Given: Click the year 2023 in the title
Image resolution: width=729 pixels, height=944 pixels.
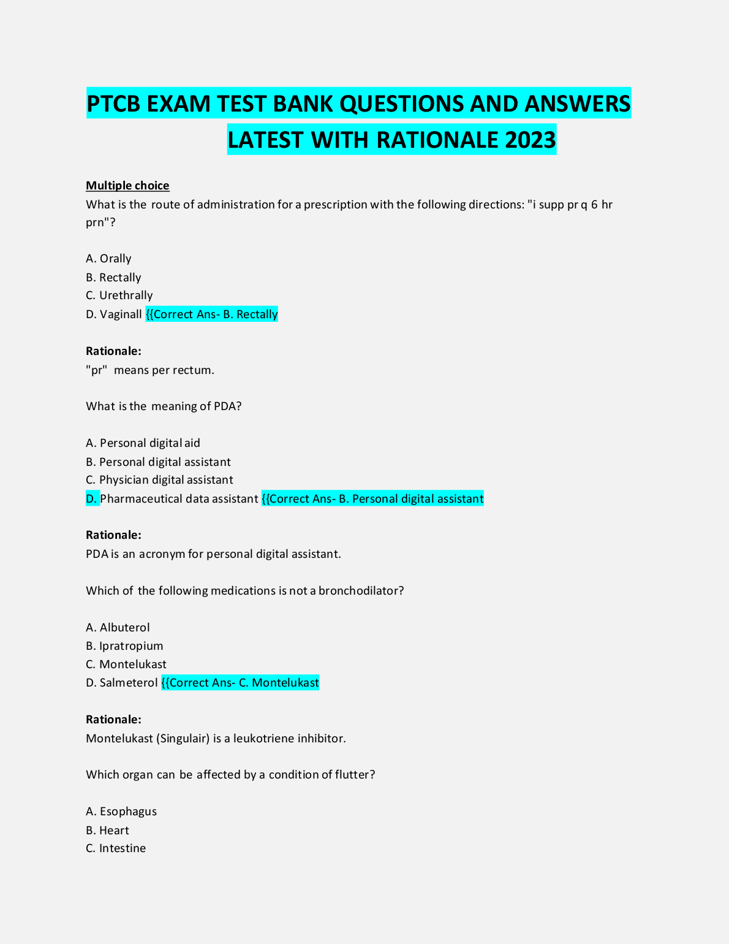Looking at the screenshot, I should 531,140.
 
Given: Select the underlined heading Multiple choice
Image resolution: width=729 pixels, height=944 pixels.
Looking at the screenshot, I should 127,186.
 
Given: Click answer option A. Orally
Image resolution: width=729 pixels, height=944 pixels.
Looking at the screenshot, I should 108,259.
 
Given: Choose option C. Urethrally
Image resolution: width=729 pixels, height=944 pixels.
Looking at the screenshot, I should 119,295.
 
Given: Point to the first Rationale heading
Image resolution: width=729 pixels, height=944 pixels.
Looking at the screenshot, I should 113,351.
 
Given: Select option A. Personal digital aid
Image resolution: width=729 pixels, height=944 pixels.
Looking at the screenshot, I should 143,443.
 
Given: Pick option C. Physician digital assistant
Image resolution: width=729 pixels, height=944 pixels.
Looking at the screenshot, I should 159,480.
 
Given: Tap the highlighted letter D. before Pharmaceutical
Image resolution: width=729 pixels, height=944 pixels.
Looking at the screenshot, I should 92,499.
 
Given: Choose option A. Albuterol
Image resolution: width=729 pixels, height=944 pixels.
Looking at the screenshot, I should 118,628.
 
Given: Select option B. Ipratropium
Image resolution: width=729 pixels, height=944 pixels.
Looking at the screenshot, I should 124,646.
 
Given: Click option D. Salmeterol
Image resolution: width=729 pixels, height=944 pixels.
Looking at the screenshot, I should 122,683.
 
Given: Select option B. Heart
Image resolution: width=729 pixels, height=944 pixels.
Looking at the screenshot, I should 107,831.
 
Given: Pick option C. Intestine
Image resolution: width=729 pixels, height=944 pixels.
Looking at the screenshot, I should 116,848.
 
